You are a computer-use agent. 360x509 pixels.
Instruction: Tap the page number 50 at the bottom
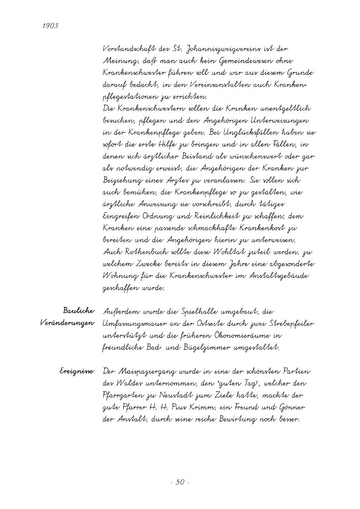coord(180,483)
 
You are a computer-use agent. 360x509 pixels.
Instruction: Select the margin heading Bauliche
coord(78,310)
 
